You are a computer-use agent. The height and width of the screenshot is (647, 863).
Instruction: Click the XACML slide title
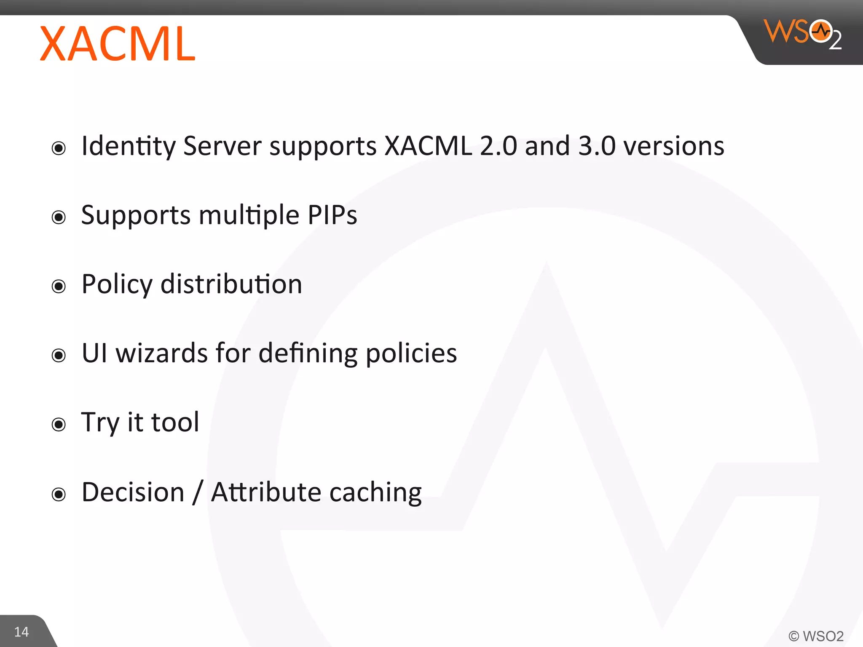(x=118, y=44)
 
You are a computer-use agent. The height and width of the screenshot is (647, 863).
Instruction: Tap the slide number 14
(x=21, y=632)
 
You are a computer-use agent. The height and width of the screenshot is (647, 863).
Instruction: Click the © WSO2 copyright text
(x=816, y=636)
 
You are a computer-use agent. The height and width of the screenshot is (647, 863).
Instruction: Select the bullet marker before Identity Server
(x=59, y=148)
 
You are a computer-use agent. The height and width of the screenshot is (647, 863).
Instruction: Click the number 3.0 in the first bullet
(x=597, y=147)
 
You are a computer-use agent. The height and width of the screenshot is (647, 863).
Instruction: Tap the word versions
(x=674, y=147)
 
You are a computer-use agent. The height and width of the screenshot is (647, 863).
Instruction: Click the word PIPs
(x=332, y=215)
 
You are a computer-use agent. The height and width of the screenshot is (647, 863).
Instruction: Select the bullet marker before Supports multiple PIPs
(x=59, y=217)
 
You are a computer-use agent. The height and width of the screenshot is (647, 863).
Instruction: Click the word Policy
(x=117, y=285)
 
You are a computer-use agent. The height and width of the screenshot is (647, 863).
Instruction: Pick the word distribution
(x=231, y=284)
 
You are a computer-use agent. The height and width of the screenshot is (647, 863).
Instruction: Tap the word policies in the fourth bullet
(x=411, y=354)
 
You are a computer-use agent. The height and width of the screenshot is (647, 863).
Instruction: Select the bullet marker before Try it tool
(x=59, y=424)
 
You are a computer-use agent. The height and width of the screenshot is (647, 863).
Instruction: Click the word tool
(x=175, y=422)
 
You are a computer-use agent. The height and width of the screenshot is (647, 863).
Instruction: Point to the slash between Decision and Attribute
(x=198, y=492)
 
